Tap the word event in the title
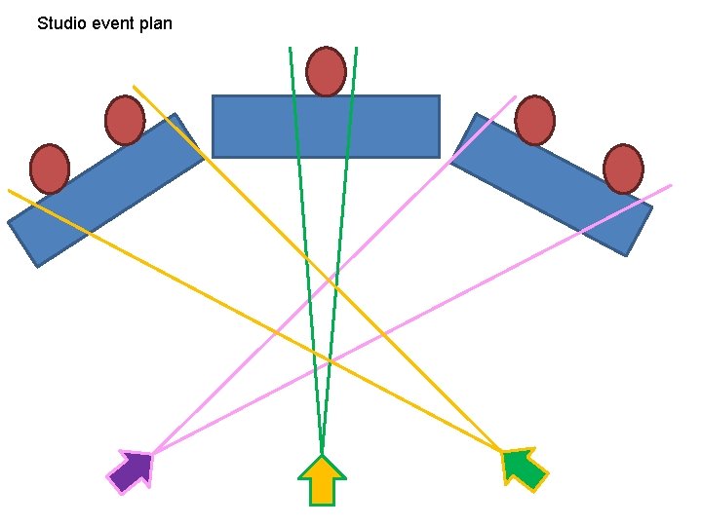coord(116,22)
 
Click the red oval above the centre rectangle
coord(326,71)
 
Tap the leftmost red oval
coord(49,168)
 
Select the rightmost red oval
coord(623,169)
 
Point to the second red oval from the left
coord(125,120)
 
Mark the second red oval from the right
coord(534,120)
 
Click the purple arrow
coord(132,471)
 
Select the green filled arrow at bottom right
coord(525,469)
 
